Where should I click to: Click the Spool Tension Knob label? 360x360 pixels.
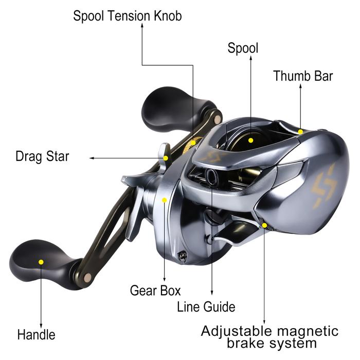pos(128,16)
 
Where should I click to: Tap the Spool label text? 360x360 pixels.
pos(243,48)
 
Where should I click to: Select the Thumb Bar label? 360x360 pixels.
pos(303,76)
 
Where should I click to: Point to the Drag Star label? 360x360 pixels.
pos(42,157)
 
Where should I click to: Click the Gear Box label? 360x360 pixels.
pos(155,291)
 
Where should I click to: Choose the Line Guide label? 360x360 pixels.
pos(206,307)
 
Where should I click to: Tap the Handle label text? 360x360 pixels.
pos(37,334)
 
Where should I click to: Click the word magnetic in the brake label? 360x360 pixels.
pos(308,331)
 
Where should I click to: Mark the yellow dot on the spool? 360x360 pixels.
pos(251,140)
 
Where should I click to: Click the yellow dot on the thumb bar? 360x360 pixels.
pos(300,132)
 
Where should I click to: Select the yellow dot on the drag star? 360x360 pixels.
pos(166,158)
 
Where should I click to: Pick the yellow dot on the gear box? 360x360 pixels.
pos(165,200)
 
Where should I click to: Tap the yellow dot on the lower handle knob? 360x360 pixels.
pos(41,262)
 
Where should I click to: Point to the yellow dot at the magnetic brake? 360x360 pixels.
pos(264,225)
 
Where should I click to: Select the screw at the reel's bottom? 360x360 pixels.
pos(182,256)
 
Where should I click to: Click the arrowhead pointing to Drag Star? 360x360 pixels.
pos(92,158)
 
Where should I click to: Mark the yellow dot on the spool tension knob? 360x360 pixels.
pos(193,143)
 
